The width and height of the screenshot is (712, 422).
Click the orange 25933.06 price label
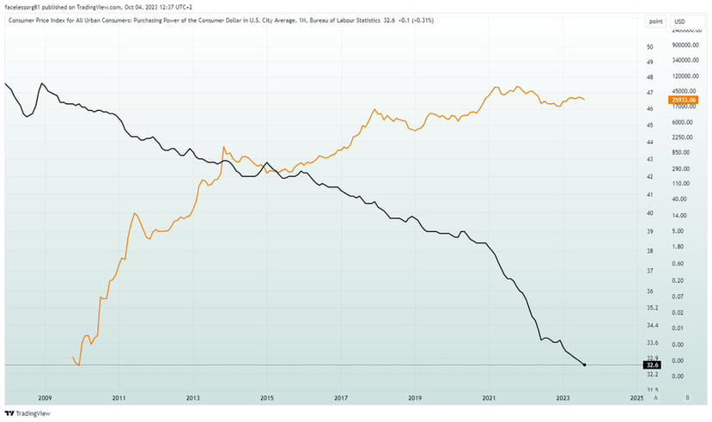coord(684,100)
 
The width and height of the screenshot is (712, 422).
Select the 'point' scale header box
coord(655,20)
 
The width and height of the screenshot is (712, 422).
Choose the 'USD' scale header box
coord(680,20)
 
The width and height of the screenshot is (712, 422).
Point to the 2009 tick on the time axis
coord(45,399)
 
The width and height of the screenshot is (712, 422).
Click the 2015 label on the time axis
coord(266,399)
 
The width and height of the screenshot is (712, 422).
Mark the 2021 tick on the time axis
coord(489,399)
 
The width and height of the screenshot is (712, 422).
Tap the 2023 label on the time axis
coord(563,399)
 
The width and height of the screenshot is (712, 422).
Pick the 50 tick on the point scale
coord(650,46)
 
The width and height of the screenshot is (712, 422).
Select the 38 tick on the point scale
coord(650,250)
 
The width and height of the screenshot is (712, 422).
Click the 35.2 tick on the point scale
coord(652,308)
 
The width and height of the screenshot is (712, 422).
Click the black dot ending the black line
coord(585,365)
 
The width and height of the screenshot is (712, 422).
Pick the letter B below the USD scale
coord(688,399)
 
